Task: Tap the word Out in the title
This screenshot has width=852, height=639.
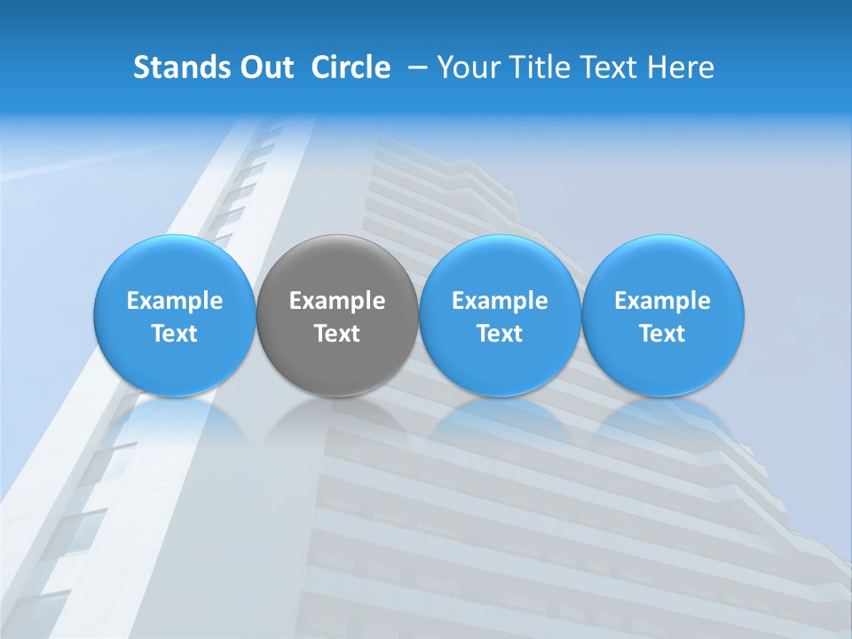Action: click(265, 67)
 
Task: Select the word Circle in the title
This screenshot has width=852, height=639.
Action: click(351, 67)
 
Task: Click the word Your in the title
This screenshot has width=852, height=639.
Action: click(470, 67)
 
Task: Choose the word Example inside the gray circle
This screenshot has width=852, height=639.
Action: click(337, 301)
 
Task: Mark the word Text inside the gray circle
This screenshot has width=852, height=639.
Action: click(337, 334)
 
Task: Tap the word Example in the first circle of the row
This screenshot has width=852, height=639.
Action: click(175, 301)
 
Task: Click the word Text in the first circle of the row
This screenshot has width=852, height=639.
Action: click(175, 334)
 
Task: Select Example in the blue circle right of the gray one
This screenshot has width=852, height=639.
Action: click(500, 301)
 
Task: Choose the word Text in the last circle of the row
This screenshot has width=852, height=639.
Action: click(662, 334)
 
